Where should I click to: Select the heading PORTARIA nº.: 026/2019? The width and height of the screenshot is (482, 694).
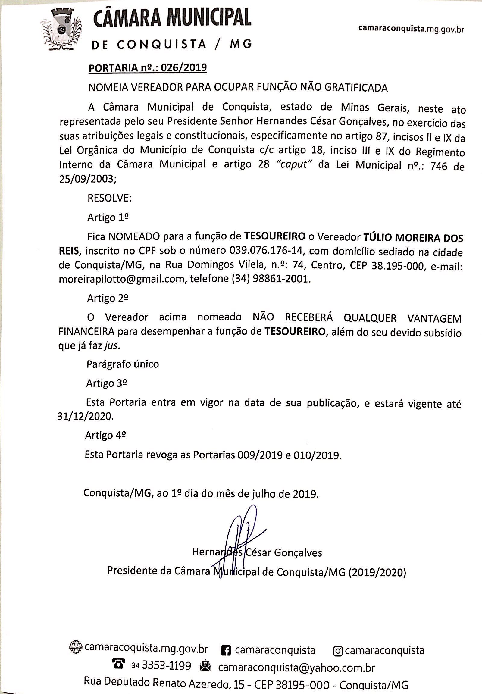tap(148, 68)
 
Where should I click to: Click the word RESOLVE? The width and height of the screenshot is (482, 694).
tap(110, 198)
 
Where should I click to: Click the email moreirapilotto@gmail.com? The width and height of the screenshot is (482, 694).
tap(122, 279)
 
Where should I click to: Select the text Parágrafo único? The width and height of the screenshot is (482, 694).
tap(123, 364)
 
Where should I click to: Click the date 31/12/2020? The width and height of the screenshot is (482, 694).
tap(86, 417)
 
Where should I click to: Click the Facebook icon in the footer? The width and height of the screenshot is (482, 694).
tap(226, 650)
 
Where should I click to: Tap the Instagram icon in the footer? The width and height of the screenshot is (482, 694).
tap(338, 651)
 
